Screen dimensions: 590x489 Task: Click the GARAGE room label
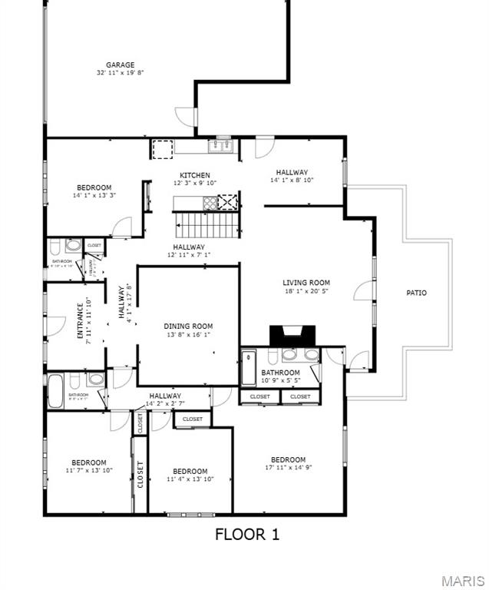tap(121, 65)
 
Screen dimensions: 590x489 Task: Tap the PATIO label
tap(416, 293)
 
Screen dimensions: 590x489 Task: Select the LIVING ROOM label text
tap(306, 283)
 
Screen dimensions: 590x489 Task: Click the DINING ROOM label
tap(188, 326)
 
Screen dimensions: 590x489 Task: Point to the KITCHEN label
tap(195, 175)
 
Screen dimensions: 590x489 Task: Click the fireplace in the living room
tap(292, 335)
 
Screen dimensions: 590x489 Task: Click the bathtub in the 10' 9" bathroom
tap(249, 368)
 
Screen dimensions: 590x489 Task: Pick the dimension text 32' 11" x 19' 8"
tap(121, 73)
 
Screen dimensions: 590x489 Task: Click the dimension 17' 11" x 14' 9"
tap(288, 467)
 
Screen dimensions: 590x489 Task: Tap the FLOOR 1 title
tap(246, 535)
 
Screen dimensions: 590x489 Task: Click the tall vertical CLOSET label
tap(140, 474)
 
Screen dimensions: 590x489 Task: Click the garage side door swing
tap(186, 118)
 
